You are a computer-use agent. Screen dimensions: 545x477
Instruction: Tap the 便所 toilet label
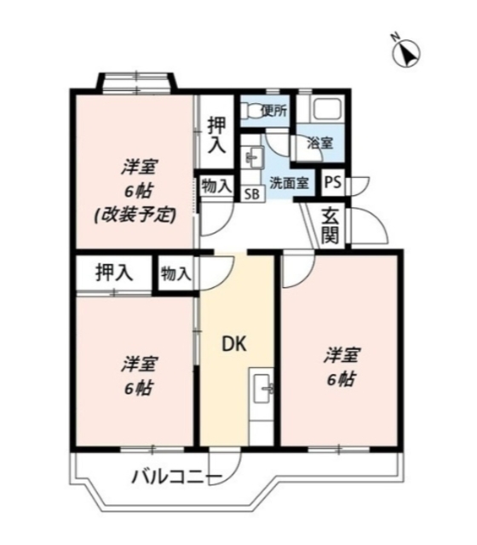(x=273, y=110)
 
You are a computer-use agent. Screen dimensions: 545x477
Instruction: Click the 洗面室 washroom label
(x=288, y=181)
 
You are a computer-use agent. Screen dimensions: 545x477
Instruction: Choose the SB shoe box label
(x=253, y=193)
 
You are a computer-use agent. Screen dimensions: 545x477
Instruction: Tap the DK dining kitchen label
(x=234, y=345)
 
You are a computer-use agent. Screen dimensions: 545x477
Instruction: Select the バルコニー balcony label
(x=177, y=477)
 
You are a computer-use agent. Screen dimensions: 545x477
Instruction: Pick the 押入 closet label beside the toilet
(x=217, y=135)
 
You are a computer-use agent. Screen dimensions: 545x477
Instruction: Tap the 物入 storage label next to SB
(x=216, y=185)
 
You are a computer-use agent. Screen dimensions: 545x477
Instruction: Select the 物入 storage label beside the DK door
(x=175, y=273)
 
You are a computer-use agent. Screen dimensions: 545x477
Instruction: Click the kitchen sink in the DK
(x=261, y=393)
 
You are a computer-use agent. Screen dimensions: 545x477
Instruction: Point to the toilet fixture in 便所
(x=251, y=109)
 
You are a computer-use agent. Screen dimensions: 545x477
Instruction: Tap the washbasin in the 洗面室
(x=252, y=158)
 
